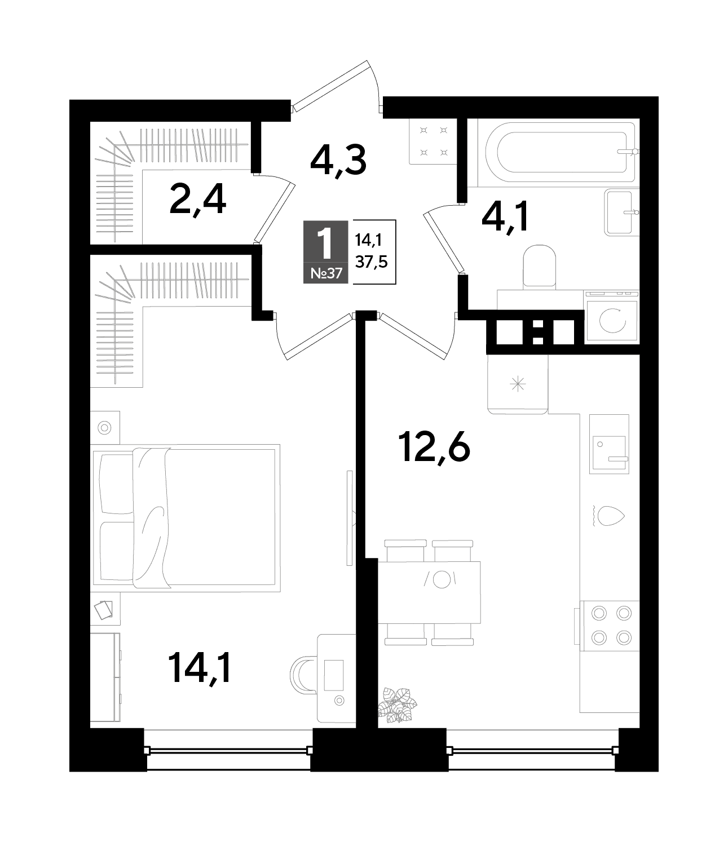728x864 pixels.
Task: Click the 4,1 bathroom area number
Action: (505, 216)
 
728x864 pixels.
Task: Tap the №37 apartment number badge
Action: (325, 273)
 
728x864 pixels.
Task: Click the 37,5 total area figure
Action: (371, 262)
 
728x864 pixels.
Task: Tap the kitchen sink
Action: (609, 444)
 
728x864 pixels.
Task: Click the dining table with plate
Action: (430, 592)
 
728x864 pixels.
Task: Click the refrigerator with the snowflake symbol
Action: (518, 384)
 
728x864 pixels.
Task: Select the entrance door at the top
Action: (336, 86)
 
